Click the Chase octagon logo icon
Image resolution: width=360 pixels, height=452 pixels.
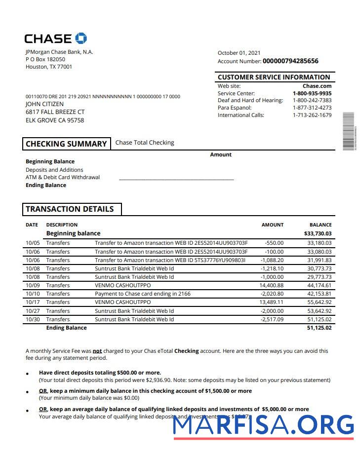[x=81, y=38]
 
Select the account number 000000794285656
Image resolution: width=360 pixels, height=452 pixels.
[x=290, y=61]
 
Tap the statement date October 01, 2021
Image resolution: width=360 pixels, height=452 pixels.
[x=239, y=53]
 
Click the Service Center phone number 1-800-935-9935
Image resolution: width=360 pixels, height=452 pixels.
[x=312, y=93]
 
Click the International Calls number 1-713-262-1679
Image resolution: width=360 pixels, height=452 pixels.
[x=312, y=115]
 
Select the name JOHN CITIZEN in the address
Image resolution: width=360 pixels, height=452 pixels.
[x=44, y=104]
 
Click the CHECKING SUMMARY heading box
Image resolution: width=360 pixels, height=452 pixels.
[x=66, y=144]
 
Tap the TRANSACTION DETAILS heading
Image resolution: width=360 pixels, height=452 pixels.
[x=70, y=209]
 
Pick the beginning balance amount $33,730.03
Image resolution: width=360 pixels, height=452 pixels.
[x=318, y=233]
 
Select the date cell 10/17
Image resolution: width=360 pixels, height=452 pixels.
[x=32, y=302]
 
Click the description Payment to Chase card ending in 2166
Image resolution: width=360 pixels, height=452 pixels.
[x=142, y=294]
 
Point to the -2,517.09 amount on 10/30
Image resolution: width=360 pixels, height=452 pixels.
[x=272, y=319]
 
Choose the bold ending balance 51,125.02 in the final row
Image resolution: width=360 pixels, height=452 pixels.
[x=319, y=328]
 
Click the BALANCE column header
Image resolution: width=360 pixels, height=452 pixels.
[x=320, y=225]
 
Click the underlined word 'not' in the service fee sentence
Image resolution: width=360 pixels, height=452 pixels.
[x=97, y=351]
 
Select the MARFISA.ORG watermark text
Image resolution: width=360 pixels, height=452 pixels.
[x=263, y=425]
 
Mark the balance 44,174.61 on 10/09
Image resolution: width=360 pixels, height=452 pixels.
[x=319, y=285]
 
